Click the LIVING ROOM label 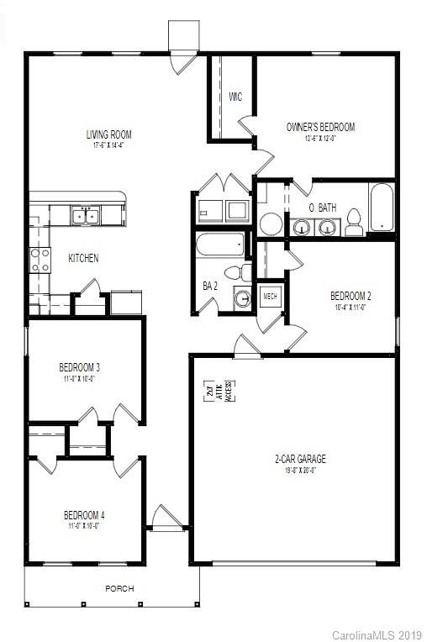pos(108,134)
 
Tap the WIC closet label pos(235,97)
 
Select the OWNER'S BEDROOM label pos(320,128)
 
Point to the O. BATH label pos(322,207)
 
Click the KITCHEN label pos(83,258)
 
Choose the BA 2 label pos(210,286)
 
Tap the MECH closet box pos(270,296)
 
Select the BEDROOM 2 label pos(351,296)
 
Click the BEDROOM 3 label pos(80,367)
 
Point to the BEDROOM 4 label pos(84,515)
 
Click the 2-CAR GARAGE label pos(300,459)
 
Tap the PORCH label pos(119,588)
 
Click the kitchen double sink pos(84,216)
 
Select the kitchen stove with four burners pos(40,260)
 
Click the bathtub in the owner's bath pos(382,207)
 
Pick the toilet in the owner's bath pos(353,223)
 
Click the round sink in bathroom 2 pos(241,298)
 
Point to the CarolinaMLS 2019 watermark pos(377,633)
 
